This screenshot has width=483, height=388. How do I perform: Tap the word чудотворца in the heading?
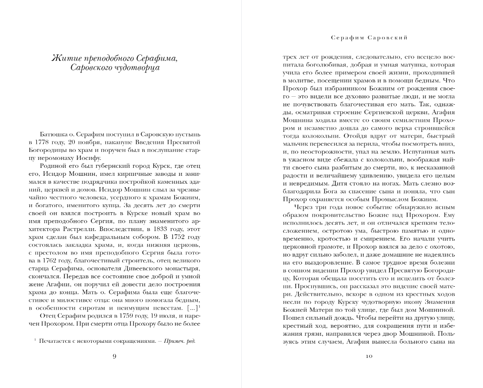point(139,67)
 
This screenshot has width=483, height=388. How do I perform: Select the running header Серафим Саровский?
point(369,38)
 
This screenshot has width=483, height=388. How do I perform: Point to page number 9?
point(115,356)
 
